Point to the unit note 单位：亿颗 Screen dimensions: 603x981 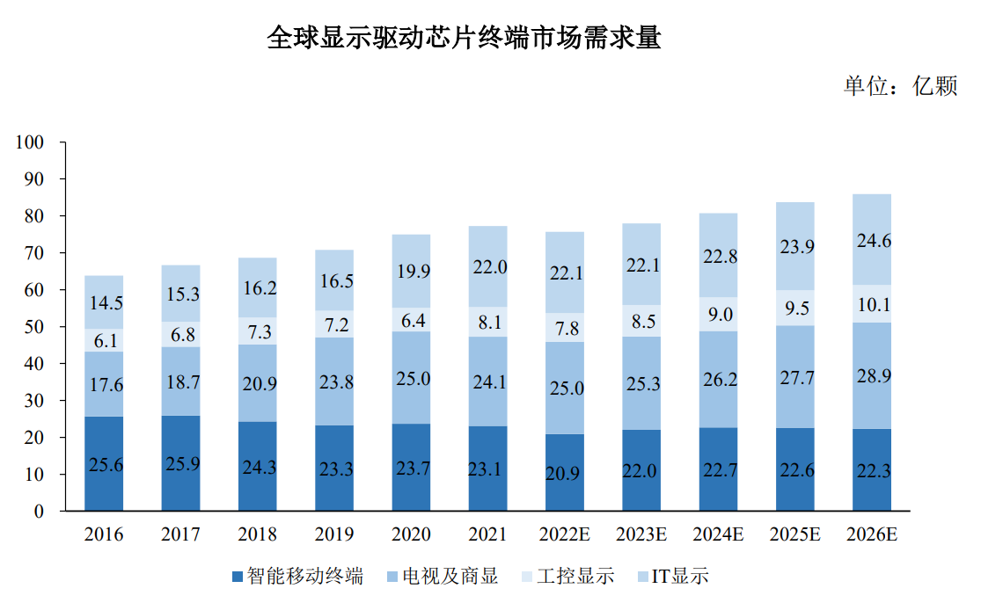(x=900, y=86)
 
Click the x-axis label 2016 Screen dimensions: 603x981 (x=104, y=534)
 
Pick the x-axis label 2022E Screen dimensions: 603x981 (x=564, y=534)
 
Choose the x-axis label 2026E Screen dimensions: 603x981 (x=871, y=534)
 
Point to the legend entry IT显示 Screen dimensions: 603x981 (x=679, y=577)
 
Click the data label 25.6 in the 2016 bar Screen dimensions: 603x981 (x=105, y=465)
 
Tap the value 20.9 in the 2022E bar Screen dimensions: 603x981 (x=564, y=474)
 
